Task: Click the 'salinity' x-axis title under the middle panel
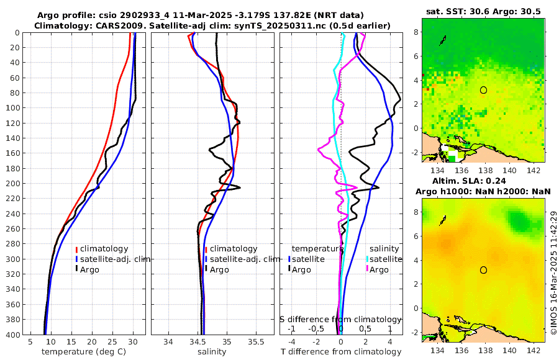212,352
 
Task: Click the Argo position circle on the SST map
483,90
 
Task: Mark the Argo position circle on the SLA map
483,270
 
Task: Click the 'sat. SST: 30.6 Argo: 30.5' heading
483,12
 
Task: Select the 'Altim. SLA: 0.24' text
483,180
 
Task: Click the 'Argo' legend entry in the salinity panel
219,269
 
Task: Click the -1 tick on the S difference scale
292,329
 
